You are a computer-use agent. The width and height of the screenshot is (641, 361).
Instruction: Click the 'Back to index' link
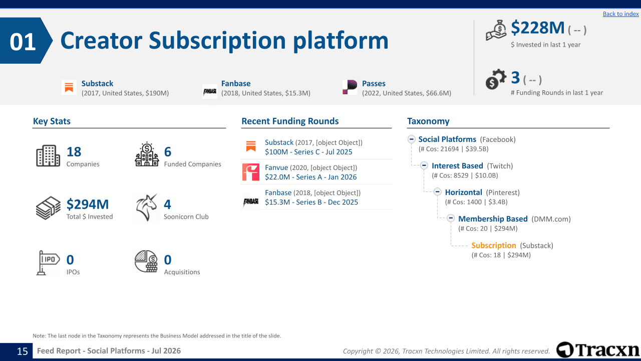click(x=620, y=14)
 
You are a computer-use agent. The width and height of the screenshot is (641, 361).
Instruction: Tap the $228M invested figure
click(x=537, y=28)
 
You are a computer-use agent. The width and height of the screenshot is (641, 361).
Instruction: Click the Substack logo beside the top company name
click(x=69, y=87)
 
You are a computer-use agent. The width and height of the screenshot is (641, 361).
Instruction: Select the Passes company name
click(x=374, y=83)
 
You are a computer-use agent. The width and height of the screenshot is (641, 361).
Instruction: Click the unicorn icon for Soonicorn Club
click(x=146, y=208)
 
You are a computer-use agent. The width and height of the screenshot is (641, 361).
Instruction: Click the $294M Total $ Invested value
click(x=88, y=204)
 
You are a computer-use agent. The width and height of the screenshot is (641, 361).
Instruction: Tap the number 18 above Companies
click(x=74, y=151)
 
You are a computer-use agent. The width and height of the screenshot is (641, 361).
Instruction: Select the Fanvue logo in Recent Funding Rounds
click(x=251, y=172)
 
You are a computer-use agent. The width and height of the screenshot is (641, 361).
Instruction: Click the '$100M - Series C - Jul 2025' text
click(x=308, y=152)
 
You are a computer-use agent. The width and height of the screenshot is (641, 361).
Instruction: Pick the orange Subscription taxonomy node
click(x=494, y=246)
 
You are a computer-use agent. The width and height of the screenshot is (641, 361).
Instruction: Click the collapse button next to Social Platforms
click(x=412, y=139)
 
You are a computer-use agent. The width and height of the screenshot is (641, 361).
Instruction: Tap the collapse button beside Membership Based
click(x=451, y=218)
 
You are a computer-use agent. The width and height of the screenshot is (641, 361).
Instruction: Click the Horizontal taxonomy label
click(x=463, y=192)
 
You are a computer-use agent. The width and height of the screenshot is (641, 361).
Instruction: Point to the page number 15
click(x=23, y=351)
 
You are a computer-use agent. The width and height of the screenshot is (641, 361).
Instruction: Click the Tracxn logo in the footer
click(x=597, y=350)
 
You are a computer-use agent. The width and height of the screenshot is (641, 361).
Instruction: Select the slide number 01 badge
click(x=26, y=41)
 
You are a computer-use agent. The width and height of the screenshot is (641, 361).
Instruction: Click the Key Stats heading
click(x=52, y=121)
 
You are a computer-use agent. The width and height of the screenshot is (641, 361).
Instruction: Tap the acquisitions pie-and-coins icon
click(x=146, y=261)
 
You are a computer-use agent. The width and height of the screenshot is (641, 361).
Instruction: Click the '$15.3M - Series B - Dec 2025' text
click(x=311, y=202)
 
